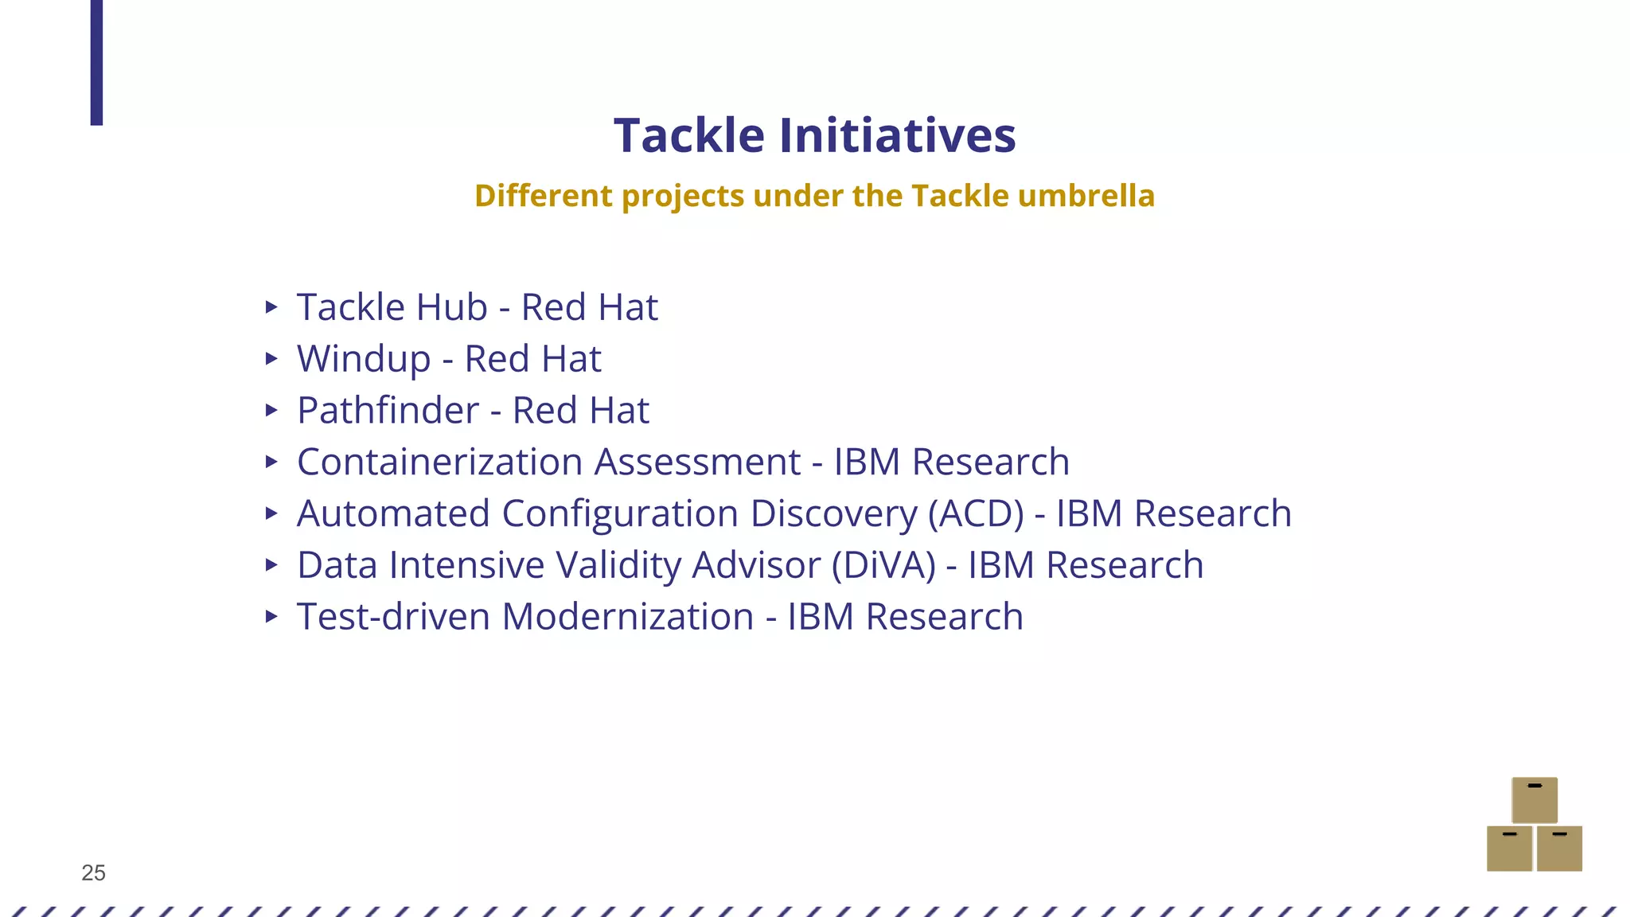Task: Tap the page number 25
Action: coord(93,873)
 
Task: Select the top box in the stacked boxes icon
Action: coord(1534,800)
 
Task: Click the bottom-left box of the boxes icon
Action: coord(1509,849)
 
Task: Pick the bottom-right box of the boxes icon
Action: coord(1559,849)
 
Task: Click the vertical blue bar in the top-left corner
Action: coord(96,62)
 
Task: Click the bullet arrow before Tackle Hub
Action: coord(271,307)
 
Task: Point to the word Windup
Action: coord(364,359)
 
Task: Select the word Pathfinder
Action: coord(388,411)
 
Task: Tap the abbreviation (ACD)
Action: coord(976,513)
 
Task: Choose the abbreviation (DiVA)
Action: coord(883,565)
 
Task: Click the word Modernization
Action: coord(627,617)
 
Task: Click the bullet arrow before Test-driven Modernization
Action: coord(271,616)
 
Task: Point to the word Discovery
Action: coord(833,513)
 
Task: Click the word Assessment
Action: coord(697,462)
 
